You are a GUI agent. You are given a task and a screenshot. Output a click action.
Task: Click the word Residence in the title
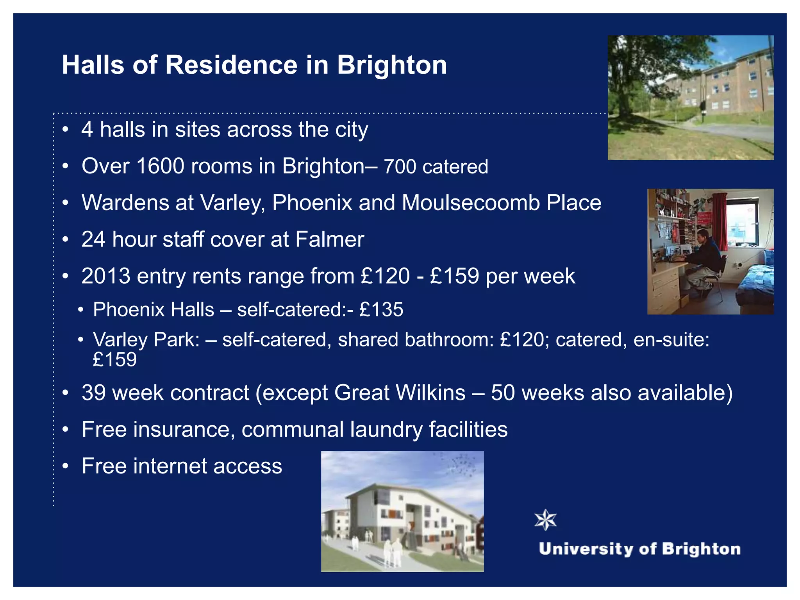point(231,65)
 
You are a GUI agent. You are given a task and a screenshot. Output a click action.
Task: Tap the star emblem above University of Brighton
point(545,520)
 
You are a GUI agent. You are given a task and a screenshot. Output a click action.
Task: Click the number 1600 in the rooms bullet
point(160,166)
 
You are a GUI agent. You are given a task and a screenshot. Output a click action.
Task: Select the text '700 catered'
point(436,167)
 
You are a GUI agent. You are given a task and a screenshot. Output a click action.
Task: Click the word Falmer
point(330,239)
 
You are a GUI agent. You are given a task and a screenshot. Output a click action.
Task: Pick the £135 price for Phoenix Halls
point(381,310)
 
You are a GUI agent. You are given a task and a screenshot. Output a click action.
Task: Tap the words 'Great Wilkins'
point(400,393)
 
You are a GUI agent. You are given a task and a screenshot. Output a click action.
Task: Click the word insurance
point(184,429)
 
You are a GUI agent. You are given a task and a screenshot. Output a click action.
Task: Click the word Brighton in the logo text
point(701,549)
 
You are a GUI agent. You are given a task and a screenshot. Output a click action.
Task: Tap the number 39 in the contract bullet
point(94,393)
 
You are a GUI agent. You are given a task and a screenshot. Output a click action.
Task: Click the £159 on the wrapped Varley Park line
point(115,360)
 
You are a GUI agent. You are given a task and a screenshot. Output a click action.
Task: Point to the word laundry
point(386,430)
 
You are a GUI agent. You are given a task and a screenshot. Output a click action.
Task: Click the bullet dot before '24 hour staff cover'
point(66,239)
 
